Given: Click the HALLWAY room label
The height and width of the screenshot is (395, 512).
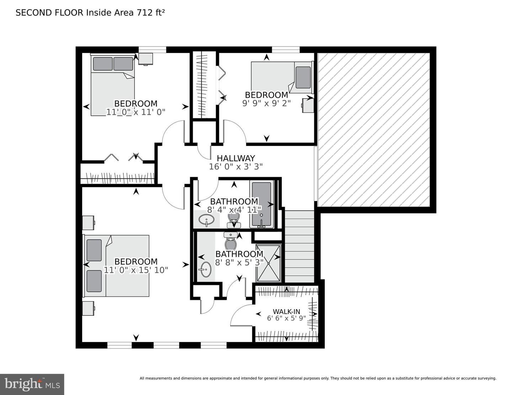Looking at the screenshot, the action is point(236,158).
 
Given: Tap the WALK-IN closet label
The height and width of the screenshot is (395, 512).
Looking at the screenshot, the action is point(286,312).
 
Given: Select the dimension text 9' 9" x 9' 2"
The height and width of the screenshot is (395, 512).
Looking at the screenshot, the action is point(266,103).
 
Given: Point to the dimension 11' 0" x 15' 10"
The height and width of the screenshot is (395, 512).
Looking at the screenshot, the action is point(136,270).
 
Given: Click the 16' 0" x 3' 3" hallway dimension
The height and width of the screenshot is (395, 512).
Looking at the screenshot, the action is point(236,167).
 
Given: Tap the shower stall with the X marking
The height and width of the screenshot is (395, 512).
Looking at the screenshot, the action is point(268,263).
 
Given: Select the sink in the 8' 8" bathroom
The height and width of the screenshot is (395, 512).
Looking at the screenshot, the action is point(206,269).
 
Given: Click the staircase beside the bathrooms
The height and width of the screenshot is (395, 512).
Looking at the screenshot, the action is point(299,246).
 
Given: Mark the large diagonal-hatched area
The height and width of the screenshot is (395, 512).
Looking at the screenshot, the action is point(374,130).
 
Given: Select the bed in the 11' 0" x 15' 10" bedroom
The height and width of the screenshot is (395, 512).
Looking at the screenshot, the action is point(116,266).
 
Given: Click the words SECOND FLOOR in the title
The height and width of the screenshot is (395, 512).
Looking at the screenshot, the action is point(49,13).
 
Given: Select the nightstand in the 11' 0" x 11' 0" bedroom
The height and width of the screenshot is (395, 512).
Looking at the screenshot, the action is point(146,59).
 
